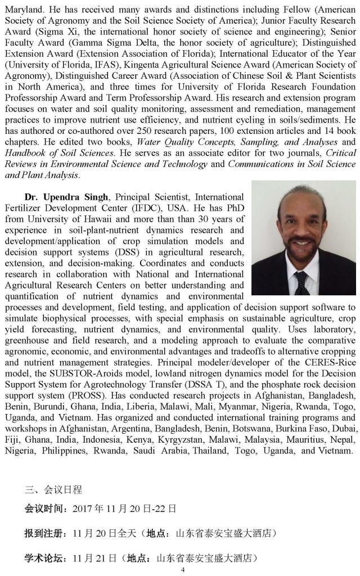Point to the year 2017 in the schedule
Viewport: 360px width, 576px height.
[84, 508]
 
